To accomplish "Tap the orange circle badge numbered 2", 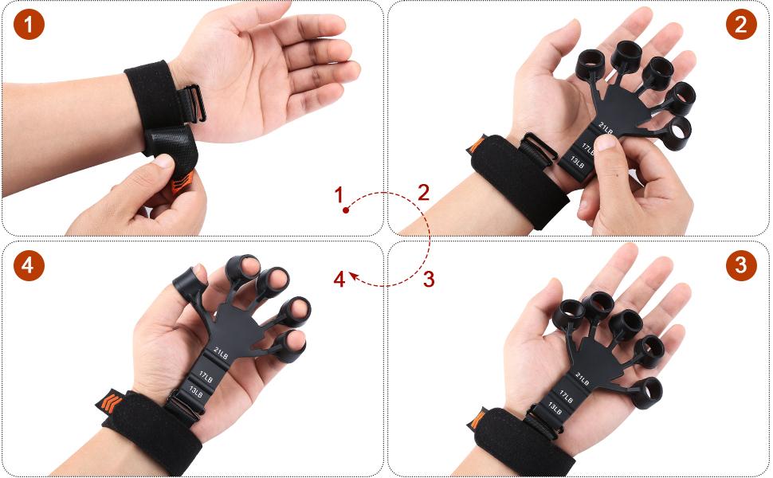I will pyautogui.click(x=741, y=25).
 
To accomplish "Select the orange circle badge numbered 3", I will pyautogui.click(x=741, y=264).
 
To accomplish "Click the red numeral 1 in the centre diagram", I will pyautogui.click(x=339, y=194).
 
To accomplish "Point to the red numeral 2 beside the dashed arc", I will pyautogui.click(x=423, y=191).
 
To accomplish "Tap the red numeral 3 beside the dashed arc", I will pyautogui.click(x=429, y=279).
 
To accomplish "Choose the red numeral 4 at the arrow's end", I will pyautogui.click(x=339, y=280).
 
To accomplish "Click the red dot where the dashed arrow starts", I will pyautogui.click(x=345, y=210).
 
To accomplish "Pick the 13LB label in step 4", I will pyautogui.click(x=194, y=390).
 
